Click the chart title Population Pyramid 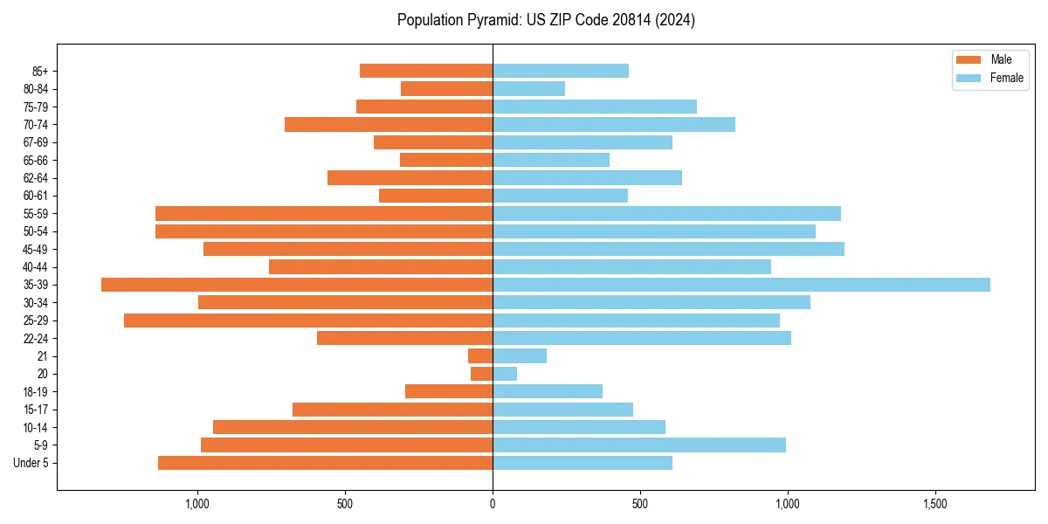point(546,20)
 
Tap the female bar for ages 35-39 point(741,285)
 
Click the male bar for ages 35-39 point(297,285)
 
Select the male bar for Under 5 point(325,463)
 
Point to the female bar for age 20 point(505,374)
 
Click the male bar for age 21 point(480,356)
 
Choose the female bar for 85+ point(561,71)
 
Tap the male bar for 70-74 point(389,124)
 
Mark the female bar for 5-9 point(639,445)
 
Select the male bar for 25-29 point(308,321)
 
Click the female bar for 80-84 point(528,88)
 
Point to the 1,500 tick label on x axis point(935,504)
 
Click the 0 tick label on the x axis point(493,504)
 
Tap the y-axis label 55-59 point(35,214)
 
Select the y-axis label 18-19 point(35,392)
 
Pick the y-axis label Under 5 point(31,463)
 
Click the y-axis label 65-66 point(35,160)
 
